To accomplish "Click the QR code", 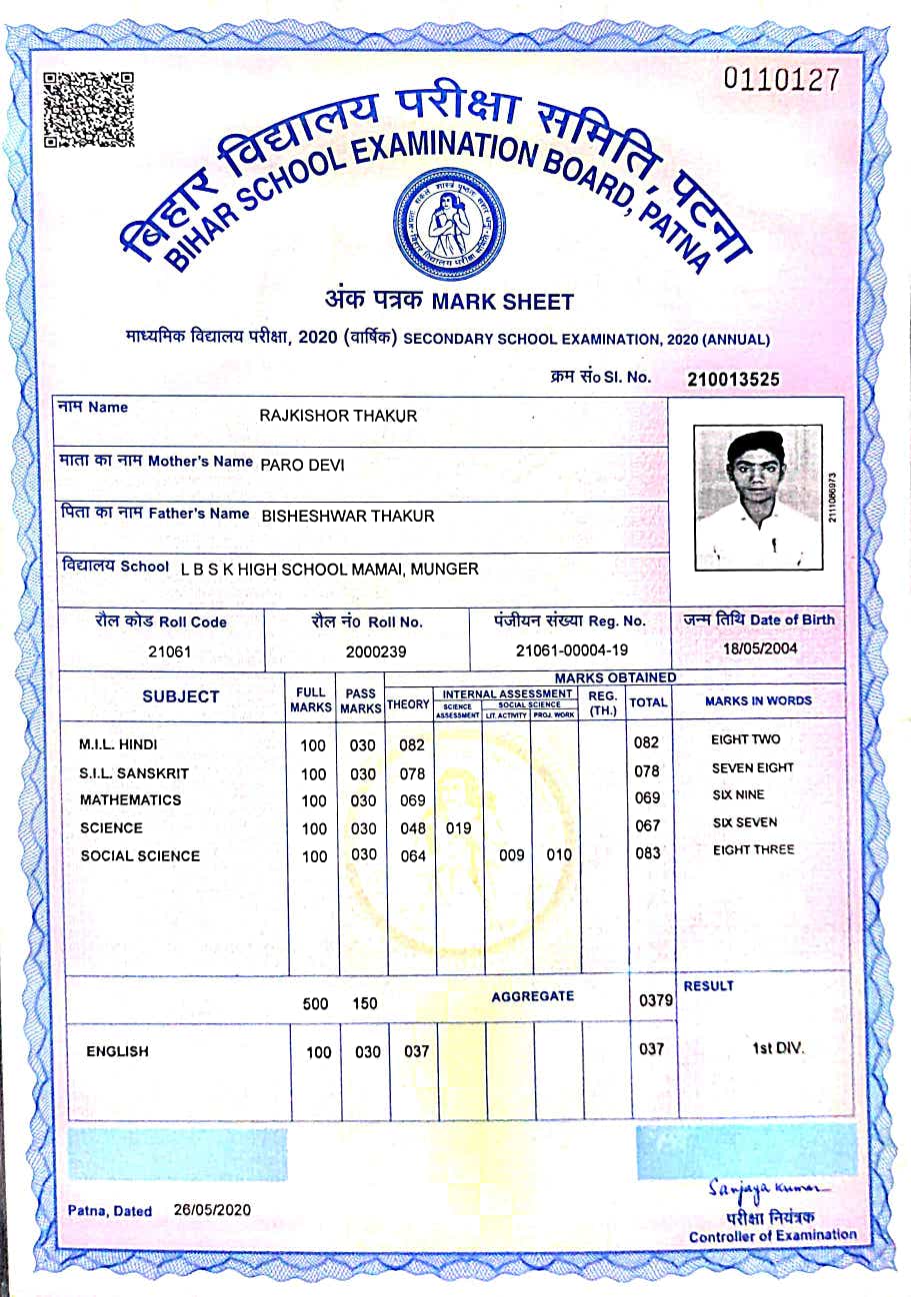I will click(x=89, y=109).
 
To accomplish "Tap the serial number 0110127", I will click(x=782, y=80).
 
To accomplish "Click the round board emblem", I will click(x=450, y=224).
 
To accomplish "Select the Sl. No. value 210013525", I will click(x=733, y=379).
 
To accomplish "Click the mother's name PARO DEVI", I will click(x=302, y=464).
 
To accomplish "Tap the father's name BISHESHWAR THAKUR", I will click(x=348, y=516).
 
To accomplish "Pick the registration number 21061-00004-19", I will click(x=572, y=650).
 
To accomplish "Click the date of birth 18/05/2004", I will click(x=759, y=648).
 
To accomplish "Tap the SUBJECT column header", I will click(x=180, y=696).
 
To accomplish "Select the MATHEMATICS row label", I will click(x=131, y=799).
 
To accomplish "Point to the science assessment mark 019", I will click(x=458, y=828).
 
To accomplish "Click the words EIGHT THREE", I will click(x=753, y=850).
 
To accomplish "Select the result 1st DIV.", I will click(x=778, y=1049).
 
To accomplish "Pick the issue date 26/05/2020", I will click(x=212, y=1210).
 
